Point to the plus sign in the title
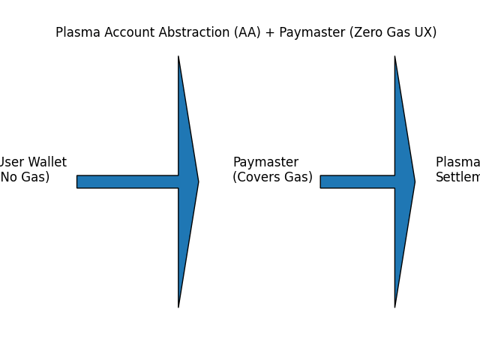[x=269, y=33]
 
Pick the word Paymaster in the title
[x=310, y=33]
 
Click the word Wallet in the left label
[x=46, y=163]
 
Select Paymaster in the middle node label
[x=265, y=163]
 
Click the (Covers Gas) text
[x=272, y=178]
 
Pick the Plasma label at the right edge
[x=457, y=163]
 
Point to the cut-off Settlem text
[x=457, y=178]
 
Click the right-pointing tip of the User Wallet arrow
[x=198, y=181]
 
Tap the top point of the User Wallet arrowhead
[x=178, y=58]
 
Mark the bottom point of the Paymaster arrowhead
[x=395, y=305]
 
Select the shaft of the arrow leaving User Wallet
[x=127, y=181]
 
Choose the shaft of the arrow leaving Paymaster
[x=357, y=181]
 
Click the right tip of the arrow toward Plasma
[x=414, y=181]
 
